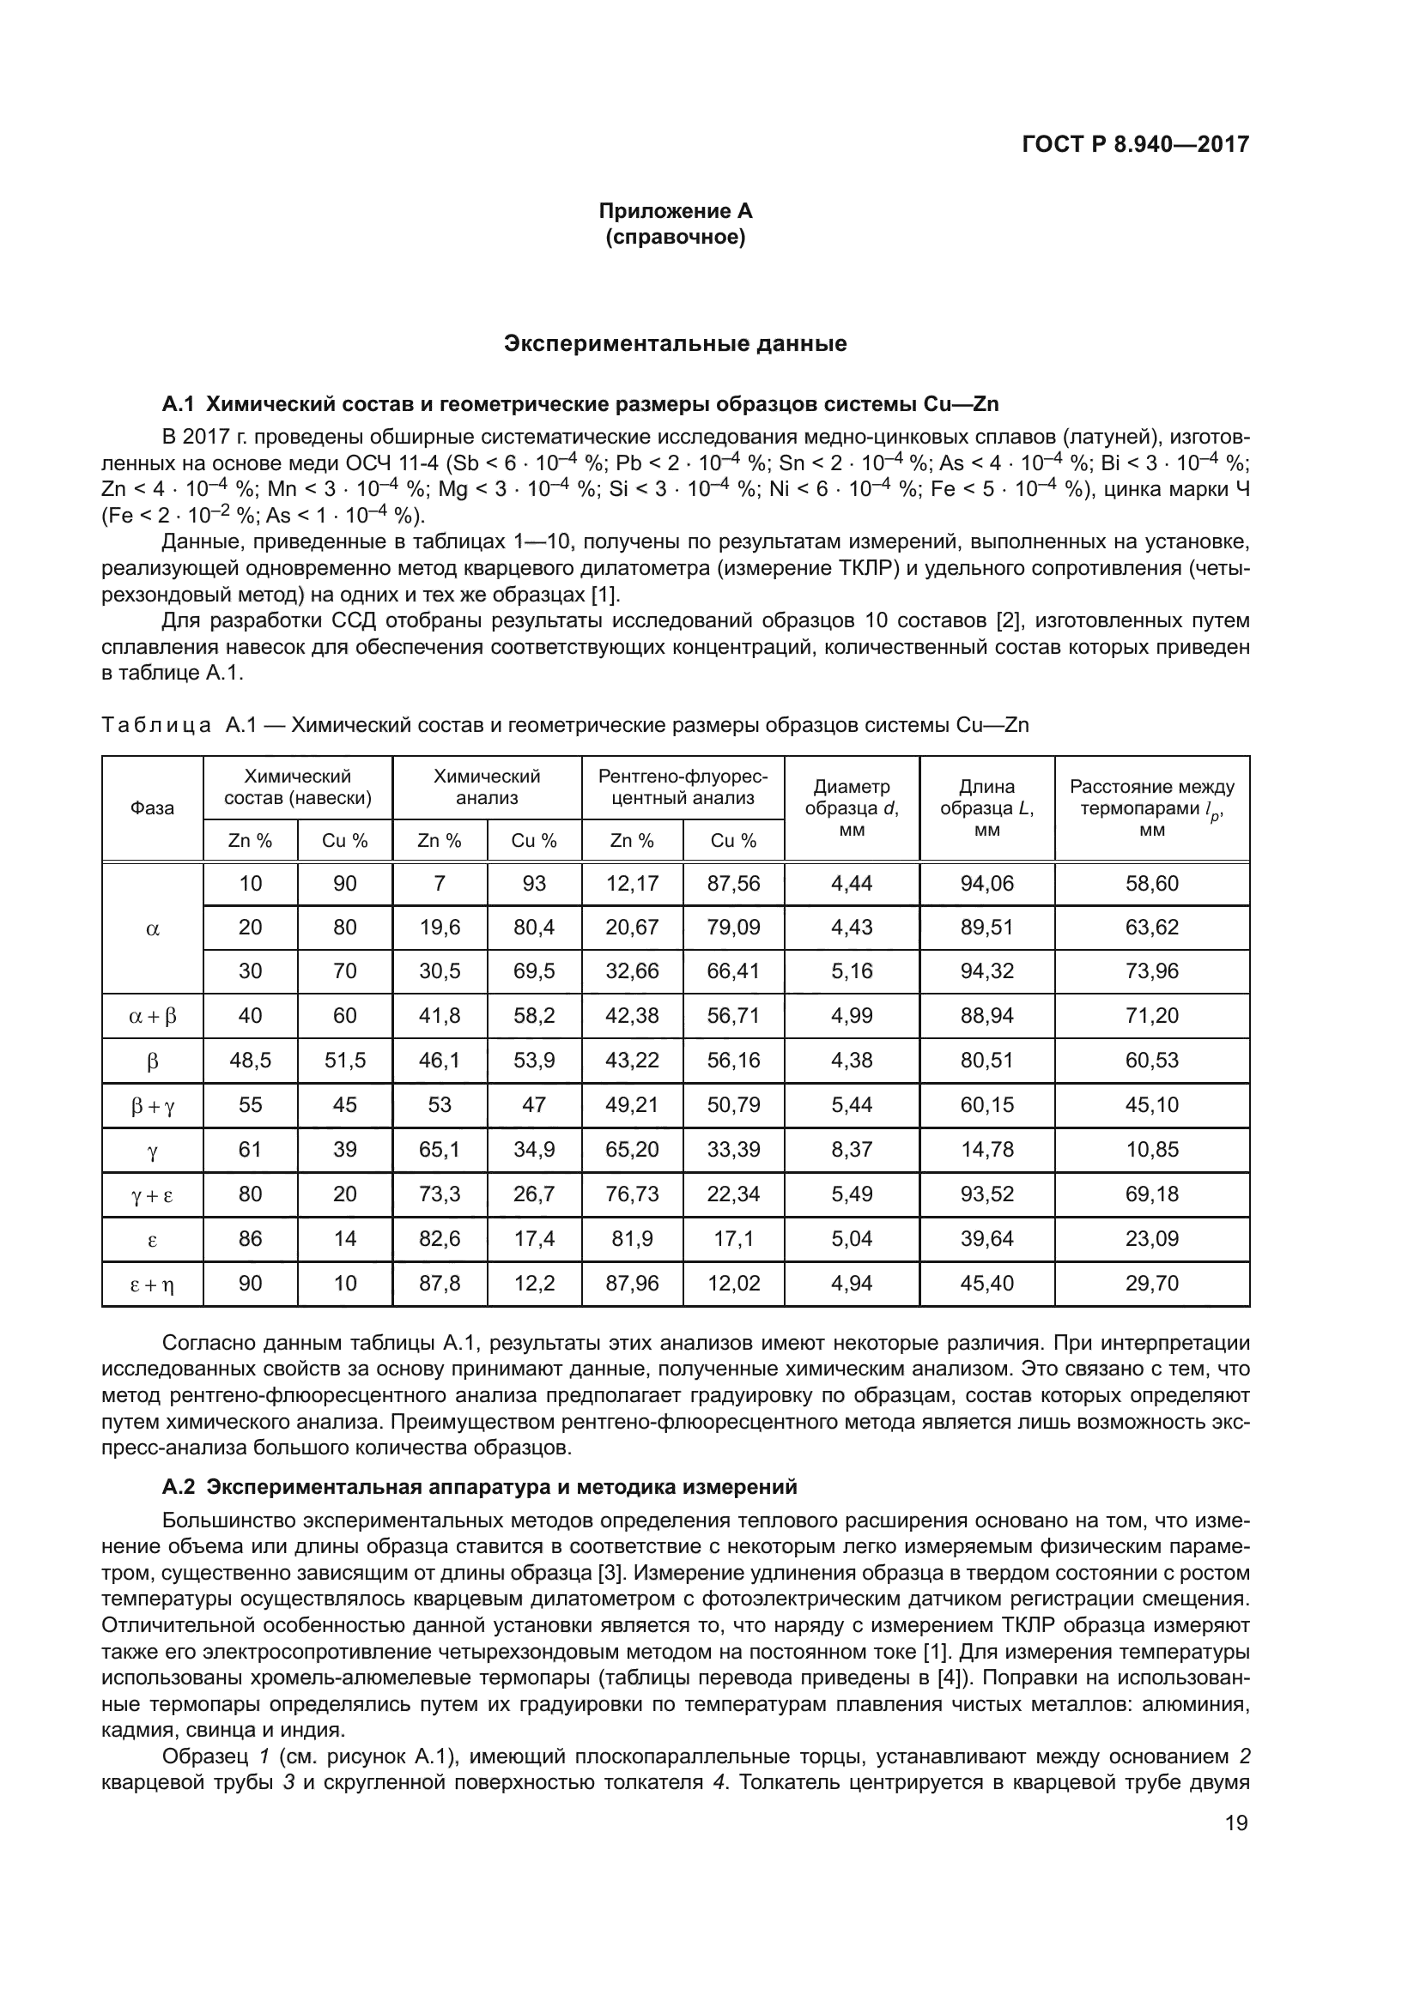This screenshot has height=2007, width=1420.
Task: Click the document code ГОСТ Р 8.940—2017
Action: (1135, 144)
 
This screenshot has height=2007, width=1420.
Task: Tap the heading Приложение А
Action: (675, 211)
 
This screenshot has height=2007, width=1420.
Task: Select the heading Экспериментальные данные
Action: (675, 343)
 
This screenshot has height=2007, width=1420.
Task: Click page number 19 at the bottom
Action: (1236, 1823)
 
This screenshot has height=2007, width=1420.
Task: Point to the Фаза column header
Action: (152, 807)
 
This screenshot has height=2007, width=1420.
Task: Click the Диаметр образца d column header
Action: (852, 807)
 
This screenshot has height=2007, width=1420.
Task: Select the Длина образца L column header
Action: (986, 807)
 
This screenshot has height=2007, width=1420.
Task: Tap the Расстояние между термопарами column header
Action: (1151, 807)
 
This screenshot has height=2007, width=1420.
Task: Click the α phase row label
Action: (152, 928)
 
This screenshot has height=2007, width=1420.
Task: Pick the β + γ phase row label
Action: (152, 1106)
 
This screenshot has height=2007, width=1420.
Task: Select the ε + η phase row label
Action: (152, 1285)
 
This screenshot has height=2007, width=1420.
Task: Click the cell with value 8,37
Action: (852, 1150)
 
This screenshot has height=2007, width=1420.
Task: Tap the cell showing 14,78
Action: (986, 1150)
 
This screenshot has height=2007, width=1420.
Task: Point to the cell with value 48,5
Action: (250, 1061)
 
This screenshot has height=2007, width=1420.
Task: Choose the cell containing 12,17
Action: (632, 884)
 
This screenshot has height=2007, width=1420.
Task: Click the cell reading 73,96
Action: (1151, 971)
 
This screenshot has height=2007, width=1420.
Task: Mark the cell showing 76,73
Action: (632, 1194)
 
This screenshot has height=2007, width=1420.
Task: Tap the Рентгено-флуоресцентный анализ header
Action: (683, 787)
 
